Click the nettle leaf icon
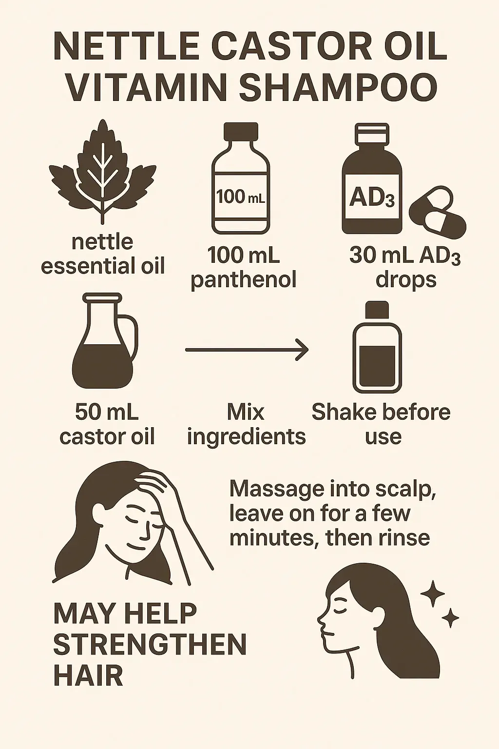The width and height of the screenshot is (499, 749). click(103, 171)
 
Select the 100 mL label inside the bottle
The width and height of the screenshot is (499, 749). click(241, 197)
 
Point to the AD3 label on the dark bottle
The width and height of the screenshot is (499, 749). click(372, 198)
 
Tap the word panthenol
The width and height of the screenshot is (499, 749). click(244, 279)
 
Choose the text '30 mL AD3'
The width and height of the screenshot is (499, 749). click(405, 257)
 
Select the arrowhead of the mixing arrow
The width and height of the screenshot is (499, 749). click(302, 350)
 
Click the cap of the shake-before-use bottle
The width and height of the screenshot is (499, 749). click(377, 310)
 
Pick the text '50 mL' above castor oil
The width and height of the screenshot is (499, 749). click(107, 412)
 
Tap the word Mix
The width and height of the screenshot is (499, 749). click(246, 412)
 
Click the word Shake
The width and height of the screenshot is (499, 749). click(345, 412)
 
